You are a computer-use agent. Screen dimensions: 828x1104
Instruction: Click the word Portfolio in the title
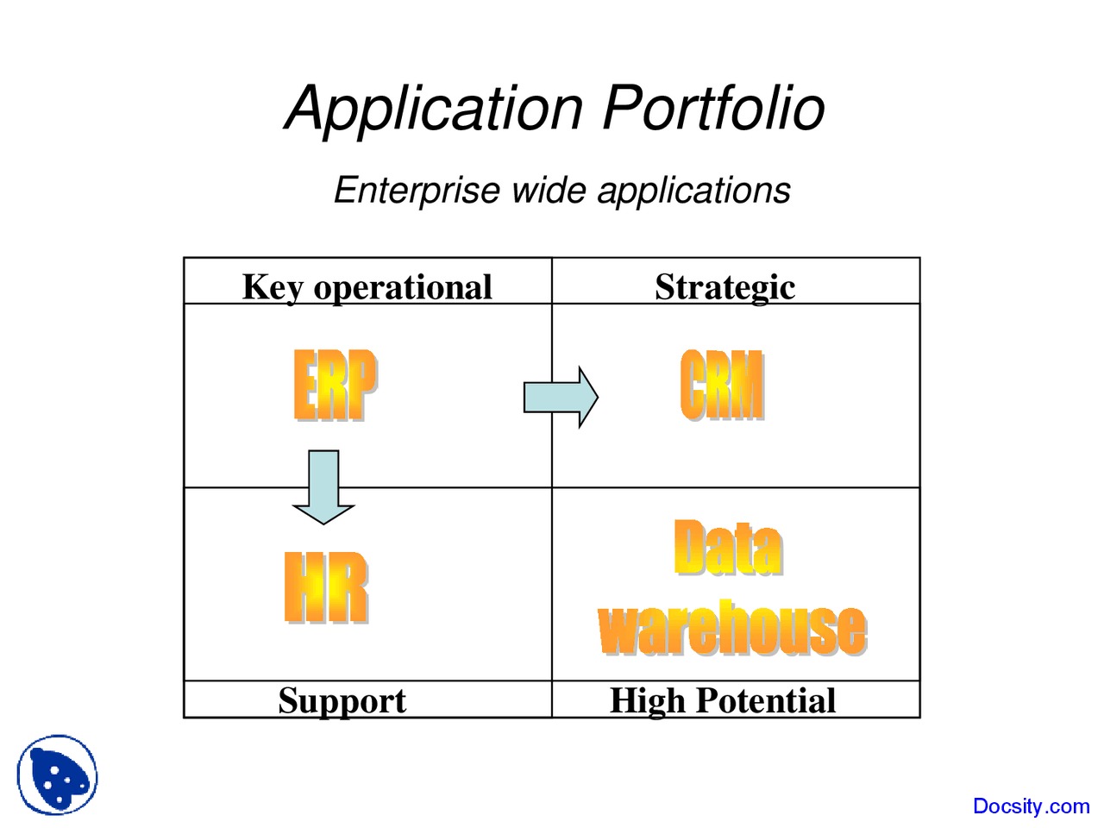click(713, 109)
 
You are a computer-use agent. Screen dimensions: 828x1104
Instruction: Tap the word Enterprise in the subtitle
click(417, 191)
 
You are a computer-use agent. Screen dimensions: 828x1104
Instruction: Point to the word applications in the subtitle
click(693, 191)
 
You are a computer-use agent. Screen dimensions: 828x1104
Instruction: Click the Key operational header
click(367, 287)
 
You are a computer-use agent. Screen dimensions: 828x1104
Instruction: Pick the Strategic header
click(724, 287)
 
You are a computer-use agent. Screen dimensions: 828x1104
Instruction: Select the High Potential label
click(723, 700)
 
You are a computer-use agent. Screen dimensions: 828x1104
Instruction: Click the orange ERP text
click(335, 385)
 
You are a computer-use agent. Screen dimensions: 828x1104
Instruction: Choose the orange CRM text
click(722, 385)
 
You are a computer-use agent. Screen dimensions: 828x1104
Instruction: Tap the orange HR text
click(326, 587)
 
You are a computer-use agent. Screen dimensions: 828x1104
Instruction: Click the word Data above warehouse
click(729, 548)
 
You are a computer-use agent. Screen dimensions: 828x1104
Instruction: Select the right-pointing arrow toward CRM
click(561, 398)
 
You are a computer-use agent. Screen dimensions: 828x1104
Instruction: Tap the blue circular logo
click(57, 775)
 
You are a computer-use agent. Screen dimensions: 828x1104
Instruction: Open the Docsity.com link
click(1031, 806)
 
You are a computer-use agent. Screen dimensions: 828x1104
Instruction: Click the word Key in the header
click(272, 287)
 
